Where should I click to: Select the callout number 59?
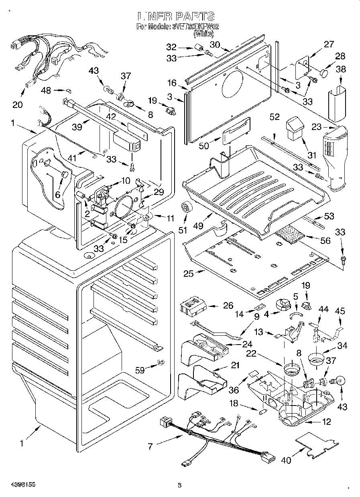[140, 370]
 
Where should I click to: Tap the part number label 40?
[286, 461]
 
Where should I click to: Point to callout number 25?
[188, 274]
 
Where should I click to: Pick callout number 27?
[329, 45]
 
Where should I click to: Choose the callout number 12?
[327, 422]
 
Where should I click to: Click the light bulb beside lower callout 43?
[340, 380]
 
